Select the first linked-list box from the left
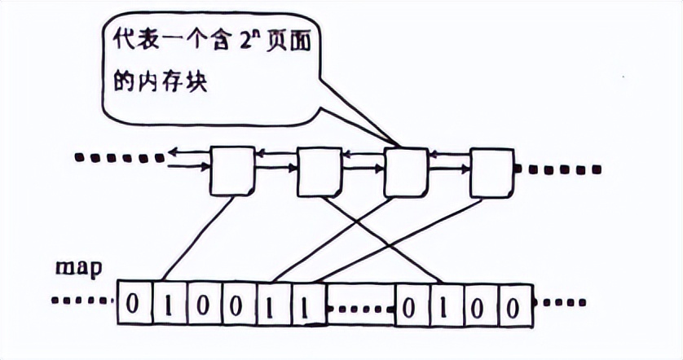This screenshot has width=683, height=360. (231, 171)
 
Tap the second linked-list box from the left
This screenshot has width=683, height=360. (318, 172)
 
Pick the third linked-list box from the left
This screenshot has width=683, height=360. (405, 172)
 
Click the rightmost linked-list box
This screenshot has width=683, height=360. (491, 172)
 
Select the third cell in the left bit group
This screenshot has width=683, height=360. (203, 306)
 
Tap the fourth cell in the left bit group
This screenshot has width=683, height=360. (237, 306)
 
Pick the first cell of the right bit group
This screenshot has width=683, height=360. (412, 307)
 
